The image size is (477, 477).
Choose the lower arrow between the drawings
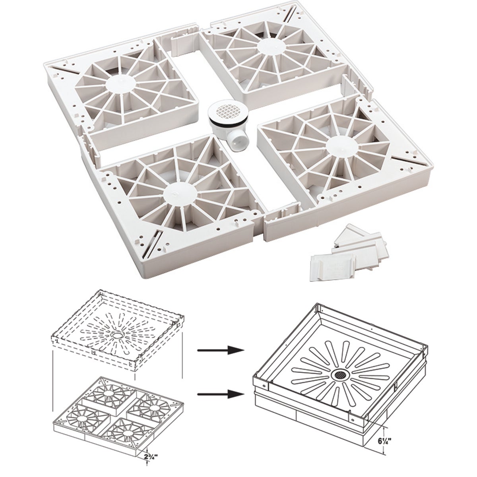click(221, 394)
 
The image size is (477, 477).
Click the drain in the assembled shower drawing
click(340, 374)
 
